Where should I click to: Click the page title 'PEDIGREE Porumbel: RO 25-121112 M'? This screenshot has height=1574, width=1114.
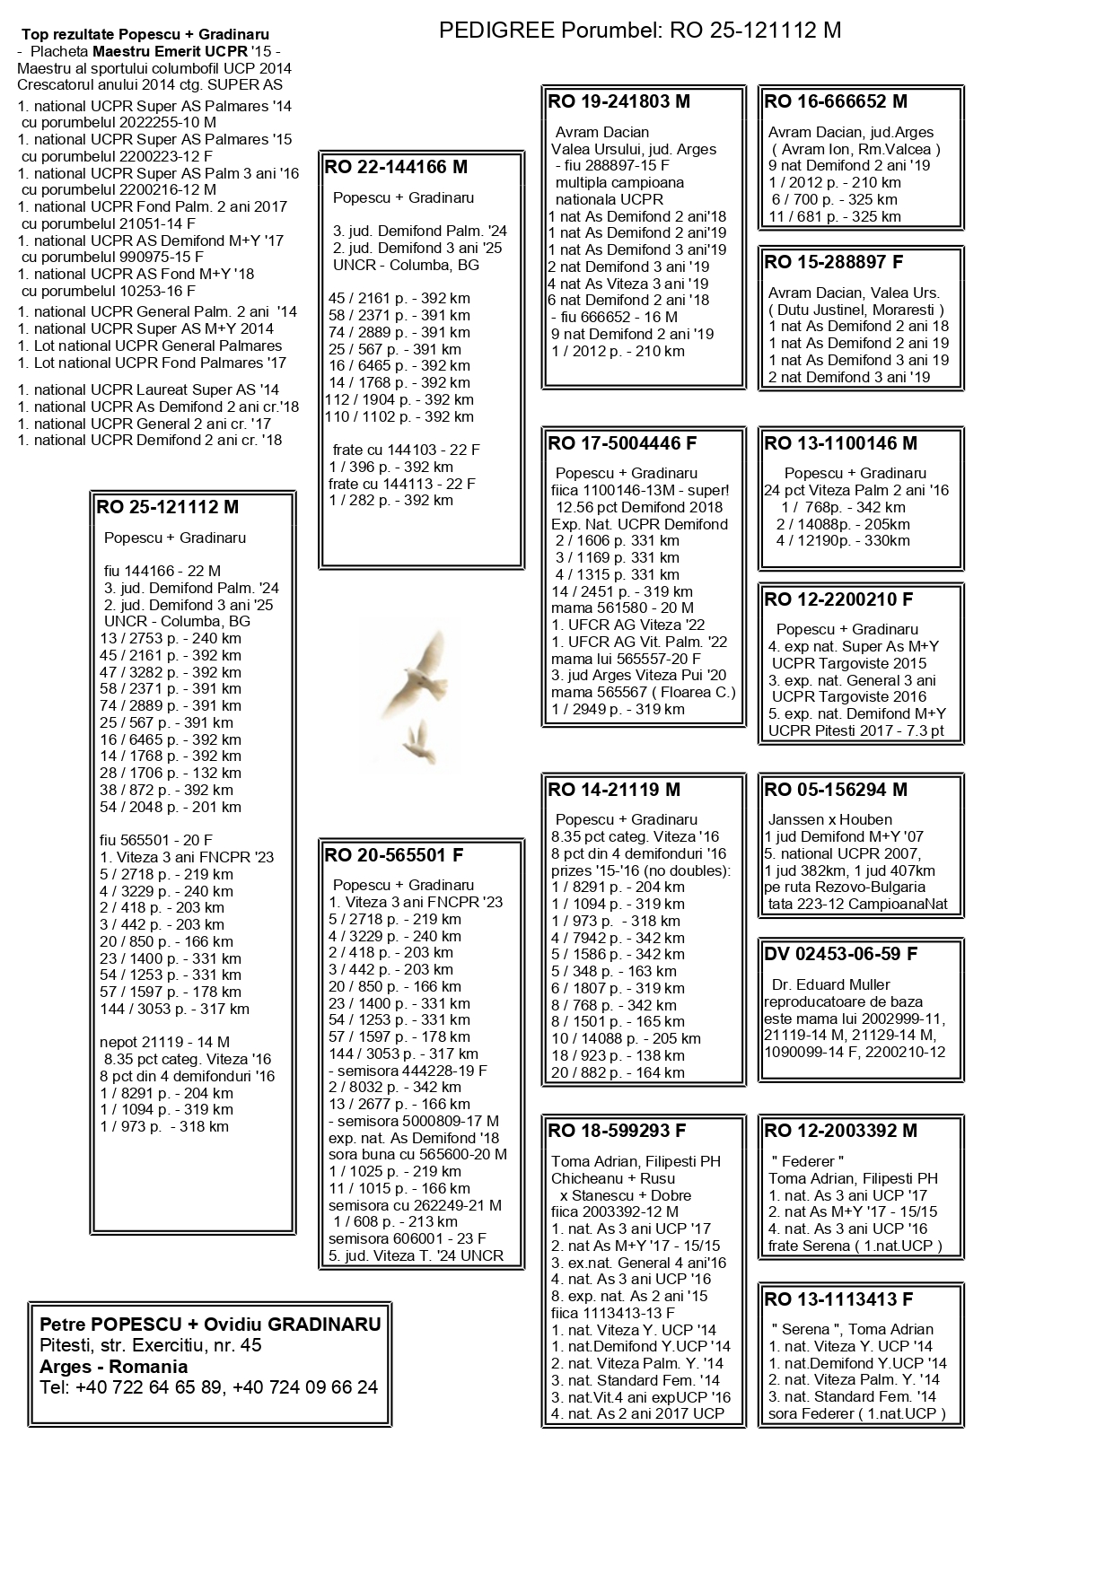639,31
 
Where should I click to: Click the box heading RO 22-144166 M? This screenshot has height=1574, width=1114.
396,167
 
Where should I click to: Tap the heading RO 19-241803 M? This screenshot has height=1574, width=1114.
618,101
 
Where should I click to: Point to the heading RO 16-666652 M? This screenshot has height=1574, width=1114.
836,101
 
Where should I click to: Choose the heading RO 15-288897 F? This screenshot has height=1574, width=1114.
833,262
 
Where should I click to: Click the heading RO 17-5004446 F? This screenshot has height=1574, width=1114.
622,443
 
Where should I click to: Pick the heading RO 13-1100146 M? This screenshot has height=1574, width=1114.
840,443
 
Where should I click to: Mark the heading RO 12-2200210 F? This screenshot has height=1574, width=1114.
838,599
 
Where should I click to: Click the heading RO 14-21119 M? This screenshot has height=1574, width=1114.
614,790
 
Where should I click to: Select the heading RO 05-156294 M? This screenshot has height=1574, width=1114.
836,790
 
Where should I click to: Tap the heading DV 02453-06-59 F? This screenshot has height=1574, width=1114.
841,954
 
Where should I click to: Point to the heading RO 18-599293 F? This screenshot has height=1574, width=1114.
617,1131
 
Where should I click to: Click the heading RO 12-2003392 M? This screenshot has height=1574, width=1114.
840,1131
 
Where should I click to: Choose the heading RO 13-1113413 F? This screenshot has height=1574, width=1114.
838,1299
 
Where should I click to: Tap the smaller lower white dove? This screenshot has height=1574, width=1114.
416,741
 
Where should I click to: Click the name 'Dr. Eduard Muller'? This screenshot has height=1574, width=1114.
830,984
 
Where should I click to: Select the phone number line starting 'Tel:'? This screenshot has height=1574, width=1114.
208,1387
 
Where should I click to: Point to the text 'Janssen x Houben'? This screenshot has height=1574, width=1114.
829,819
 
